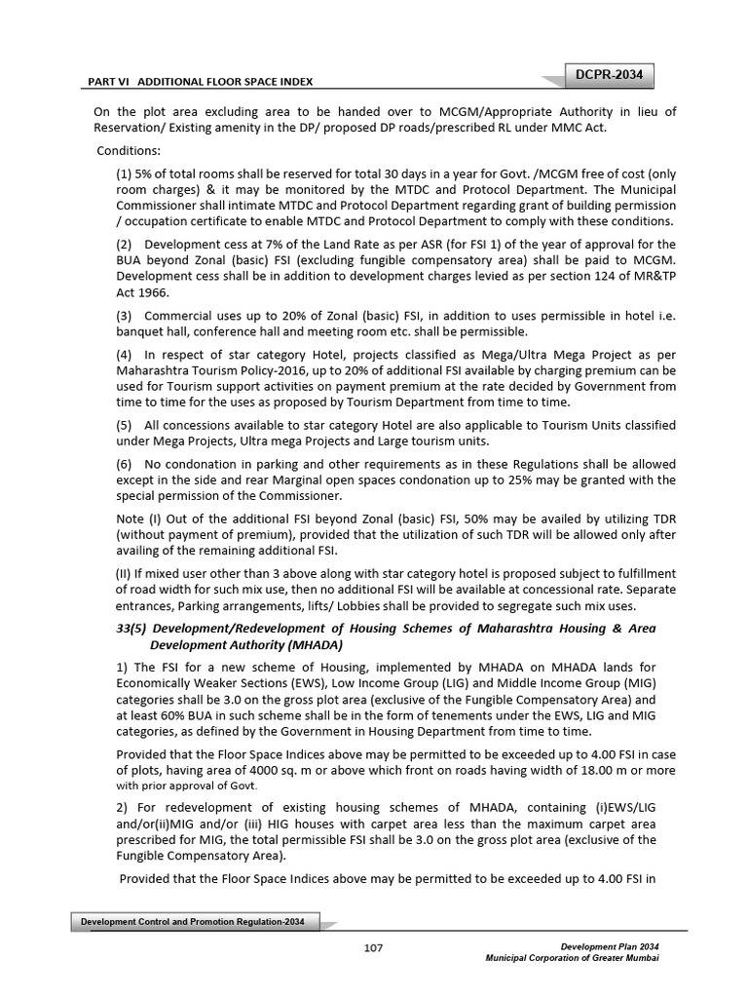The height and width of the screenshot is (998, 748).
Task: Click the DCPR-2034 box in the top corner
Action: point(612,75)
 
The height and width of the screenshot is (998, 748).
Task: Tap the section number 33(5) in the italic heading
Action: point(133,630)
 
